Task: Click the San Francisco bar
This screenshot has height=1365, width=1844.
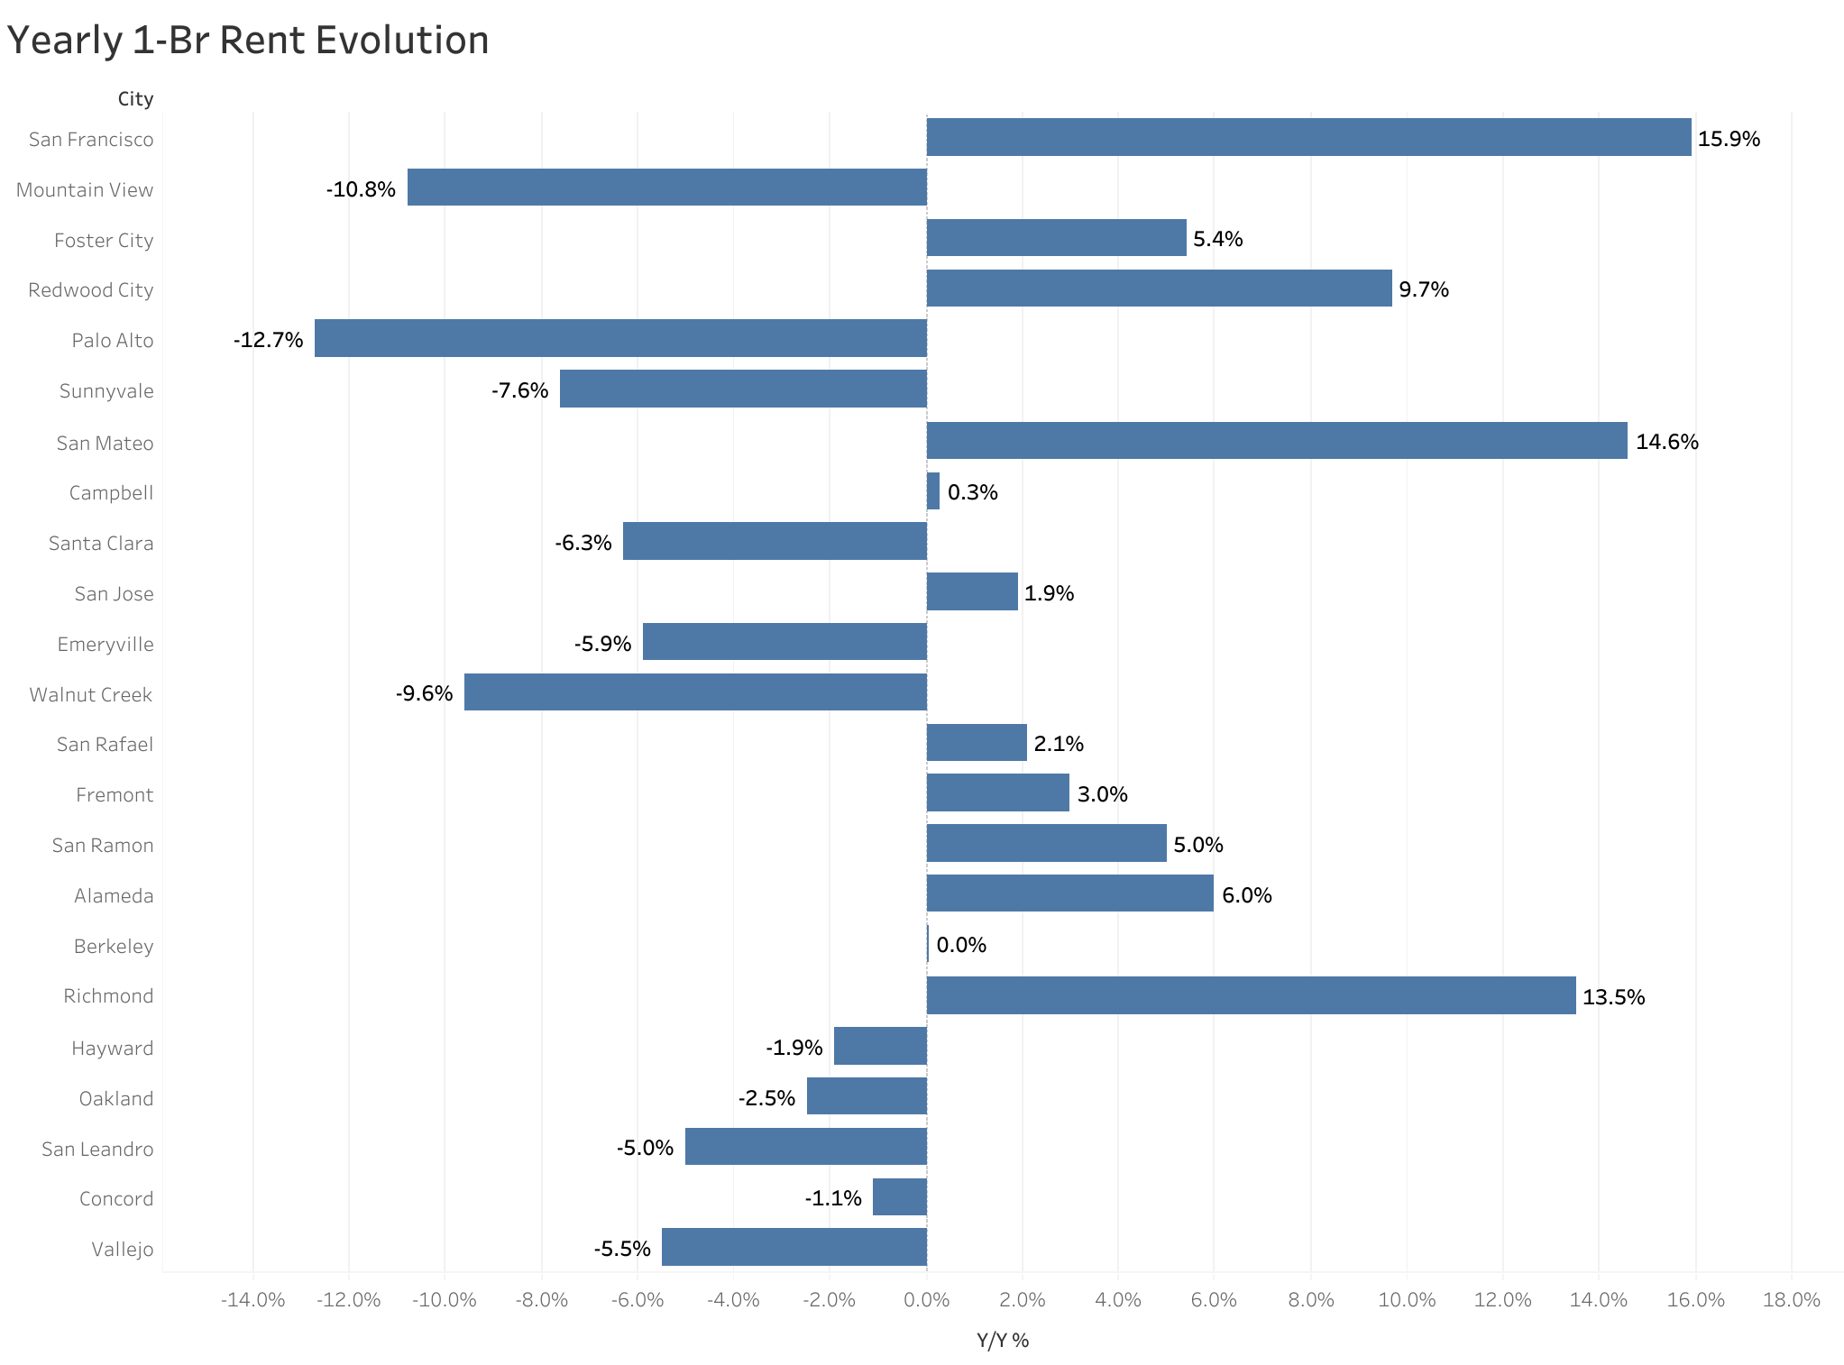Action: (x=1307, y=137)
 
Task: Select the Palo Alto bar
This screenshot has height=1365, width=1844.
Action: (x=620, y=338)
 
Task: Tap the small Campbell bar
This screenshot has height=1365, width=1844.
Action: (x=933, y=491)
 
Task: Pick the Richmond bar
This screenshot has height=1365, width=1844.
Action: (x=1251, y=995)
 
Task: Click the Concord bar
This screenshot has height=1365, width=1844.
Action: (x=899, y=1197)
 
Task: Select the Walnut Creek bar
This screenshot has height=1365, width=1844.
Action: (x=695, y=692)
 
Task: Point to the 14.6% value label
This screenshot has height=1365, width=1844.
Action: (x=1666, y=442)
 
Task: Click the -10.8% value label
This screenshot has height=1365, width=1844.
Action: (x=361, y=189)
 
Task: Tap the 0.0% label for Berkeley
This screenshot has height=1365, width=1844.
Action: (x=961, y=945)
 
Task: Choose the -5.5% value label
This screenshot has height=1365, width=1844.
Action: (x=622, y=1249)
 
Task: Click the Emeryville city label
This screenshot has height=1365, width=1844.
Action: (x=106, y=644)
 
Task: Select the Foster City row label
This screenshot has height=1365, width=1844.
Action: (x=104, y=240)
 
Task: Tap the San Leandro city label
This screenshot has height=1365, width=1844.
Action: (x=97, y=1149)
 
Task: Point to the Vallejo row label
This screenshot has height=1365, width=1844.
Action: (x=123, y=1249)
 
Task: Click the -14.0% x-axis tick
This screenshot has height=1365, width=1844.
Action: (x=252, y=1300)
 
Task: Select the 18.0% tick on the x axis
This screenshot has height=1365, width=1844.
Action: (x=1791, y=1300)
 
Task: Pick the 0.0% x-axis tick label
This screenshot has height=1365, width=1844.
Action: (x=926, y=1300)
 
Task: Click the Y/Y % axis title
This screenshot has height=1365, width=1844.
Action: (x=1002, y=1341)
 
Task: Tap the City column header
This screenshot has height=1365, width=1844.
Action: (x=135, y=98)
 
